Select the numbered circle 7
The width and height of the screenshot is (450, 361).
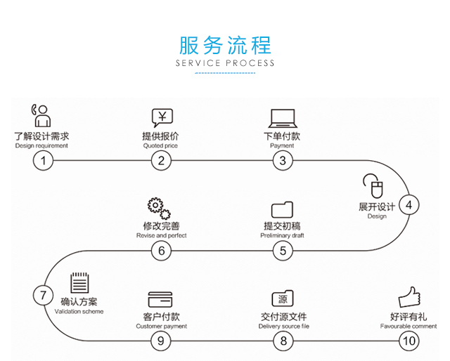(43, 295)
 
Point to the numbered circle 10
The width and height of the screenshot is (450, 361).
(409, 341)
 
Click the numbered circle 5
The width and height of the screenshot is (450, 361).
(283, 250)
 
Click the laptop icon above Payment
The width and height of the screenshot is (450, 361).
(282, 117)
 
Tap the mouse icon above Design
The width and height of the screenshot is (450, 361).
(373, 186)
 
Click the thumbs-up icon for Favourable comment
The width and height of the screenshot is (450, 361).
(409, 298)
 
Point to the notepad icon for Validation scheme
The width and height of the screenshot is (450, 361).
(79, 284)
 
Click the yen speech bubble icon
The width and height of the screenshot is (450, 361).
(162, 118)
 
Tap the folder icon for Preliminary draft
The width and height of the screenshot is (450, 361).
(282, 209)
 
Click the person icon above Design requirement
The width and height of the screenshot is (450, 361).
(41, 115)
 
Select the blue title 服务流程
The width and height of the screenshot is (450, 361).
(225, 46)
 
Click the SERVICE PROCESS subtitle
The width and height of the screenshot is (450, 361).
(225, 63)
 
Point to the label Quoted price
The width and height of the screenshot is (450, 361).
(160, 145)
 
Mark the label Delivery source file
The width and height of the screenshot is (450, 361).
(283, 327)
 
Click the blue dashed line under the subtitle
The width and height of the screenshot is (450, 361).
(225, 72)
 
